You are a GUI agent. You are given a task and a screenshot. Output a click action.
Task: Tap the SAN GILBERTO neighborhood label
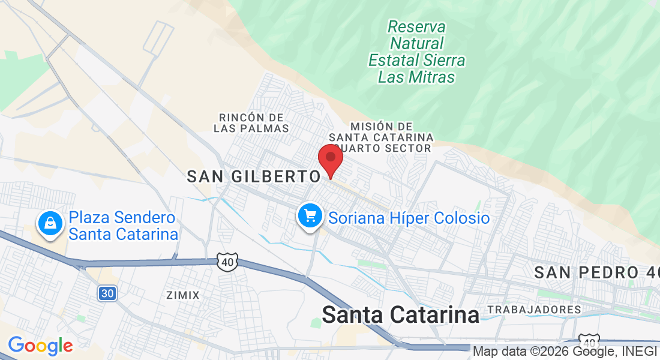pos(254,176)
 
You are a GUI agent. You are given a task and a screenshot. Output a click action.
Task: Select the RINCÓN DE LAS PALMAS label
pos(251,122)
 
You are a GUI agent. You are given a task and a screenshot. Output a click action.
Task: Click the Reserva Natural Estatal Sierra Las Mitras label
pos(417,52)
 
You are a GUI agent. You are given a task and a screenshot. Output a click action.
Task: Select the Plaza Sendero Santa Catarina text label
pos(122,226)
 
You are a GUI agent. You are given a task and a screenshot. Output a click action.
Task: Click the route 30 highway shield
pos(106,293)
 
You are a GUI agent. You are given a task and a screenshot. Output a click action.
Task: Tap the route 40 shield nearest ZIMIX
pos(228,262)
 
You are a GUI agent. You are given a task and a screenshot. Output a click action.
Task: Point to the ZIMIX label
pos(182,295)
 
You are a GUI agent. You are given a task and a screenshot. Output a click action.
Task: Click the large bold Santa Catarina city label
pos(401,315)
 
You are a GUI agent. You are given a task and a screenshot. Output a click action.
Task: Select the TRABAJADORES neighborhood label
pos(534,310)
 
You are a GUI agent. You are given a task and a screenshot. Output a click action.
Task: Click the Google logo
pos(40,346)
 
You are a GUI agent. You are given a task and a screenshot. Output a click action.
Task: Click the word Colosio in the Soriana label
pos(460,218)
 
